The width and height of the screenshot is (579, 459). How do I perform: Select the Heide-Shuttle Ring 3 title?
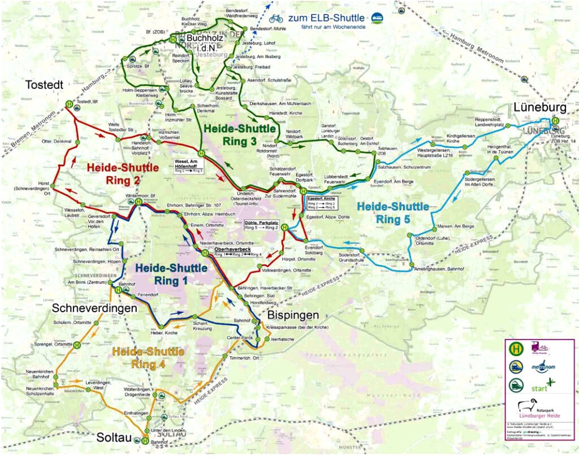point(240,135)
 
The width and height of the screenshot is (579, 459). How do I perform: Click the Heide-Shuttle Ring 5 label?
point(393,213)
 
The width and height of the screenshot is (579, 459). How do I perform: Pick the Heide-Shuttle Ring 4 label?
point(148,357)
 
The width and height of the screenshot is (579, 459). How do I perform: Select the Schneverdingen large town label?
point(94,308)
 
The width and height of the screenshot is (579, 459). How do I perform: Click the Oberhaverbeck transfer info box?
point(237,252)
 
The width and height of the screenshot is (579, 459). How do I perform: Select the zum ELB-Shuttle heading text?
point(326,18)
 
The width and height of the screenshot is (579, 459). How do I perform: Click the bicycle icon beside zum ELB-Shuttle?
point(276,18)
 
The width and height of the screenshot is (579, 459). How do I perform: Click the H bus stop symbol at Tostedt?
point(69,104)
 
